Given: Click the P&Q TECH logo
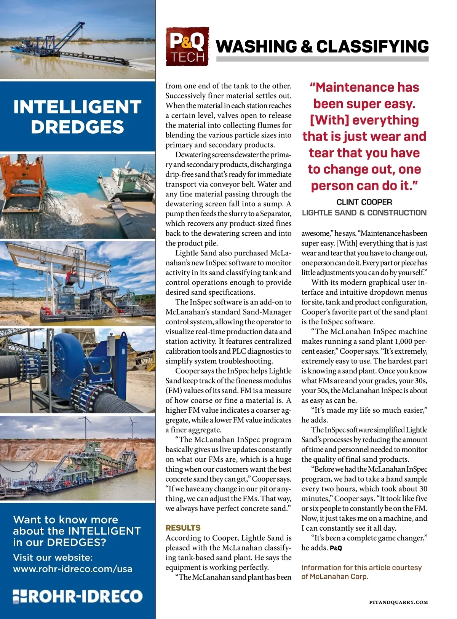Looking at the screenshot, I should click(x=187, y=46).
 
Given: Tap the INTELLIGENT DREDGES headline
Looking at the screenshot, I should click(x=77, y=116).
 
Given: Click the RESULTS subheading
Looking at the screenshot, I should click(x=183, y=528).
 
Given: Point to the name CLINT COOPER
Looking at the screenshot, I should click(x=364, y=202).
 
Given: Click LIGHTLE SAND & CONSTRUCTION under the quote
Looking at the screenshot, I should click(x=364, y=213).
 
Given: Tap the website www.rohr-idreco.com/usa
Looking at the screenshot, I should click(x=73, y=569).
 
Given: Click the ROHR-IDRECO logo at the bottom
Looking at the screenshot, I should click(x=78, y=596).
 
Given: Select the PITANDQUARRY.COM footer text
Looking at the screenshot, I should click(x=398, y=602).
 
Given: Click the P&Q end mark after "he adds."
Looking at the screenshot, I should click(x=336, y=548).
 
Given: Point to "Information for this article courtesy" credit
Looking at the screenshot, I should click(x=361, y=568).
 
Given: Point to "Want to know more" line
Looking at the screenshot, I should click(x=66, y=520).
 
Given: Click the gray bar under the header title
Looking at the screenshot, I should click(x=322, y=59).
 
